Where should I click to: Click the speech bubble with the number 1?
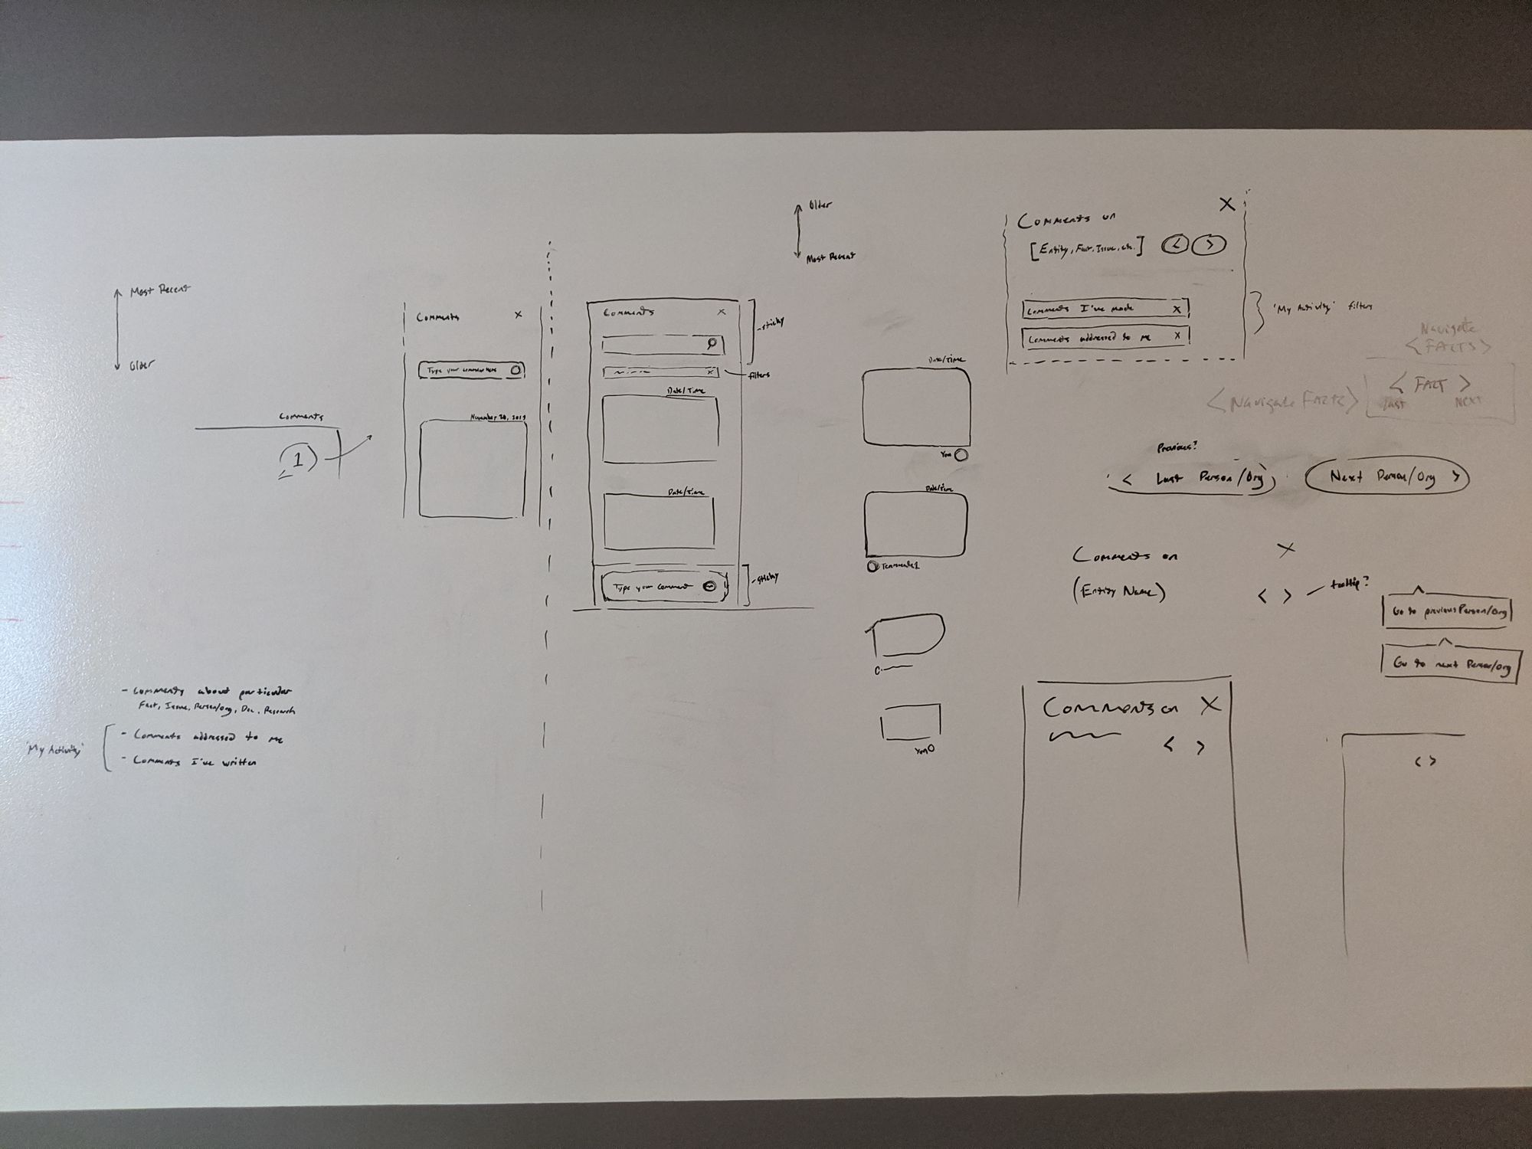298,460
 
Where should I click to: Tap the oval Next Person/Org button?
1387,476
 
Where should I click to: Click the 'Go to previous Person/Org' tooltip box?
1446,612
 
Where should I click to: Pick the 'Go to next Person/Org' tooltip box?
1450,664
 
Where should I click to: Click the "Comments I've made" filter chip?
1105,309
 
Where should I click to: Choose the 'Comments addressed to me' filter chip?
1105,337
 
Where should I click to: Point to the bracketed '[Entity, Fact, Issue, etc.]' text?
1087,248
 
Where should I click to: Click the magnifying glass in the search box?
712,343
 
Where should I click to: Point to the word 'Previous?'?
1177,447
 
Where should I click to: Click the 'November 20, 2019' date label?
497,417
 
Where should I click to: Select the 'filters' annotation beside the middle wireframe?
758,375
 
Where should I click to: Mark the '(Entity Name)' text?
1120,592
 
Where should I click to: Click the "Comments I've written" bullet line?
195,761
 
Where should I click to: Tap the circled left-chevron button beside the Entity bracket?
1175,244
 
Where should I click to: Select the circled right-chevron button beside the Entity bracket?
1210,244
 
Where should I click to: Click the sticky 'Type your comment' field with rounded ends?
663,587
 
